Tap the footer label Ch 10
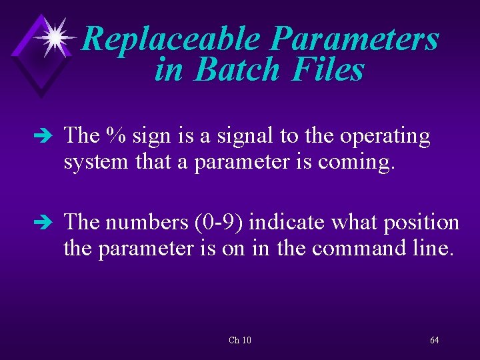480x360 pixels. click(x=240, y=341)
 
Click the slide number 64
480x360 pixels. click(x=435, y=341)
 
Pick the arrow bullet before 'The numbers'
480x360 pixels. click(x=48, y=223)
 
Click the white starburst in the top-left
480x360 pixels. click(x=55, y=37)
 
